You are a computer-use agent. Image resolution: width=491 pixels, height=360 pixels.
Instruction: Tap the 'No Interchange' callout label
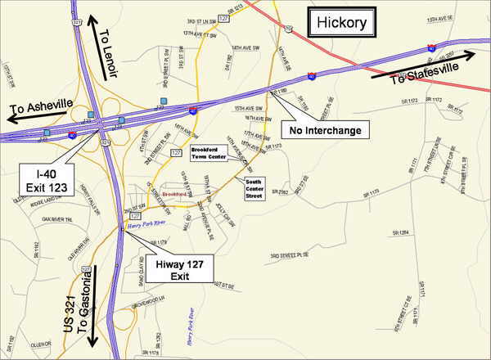(320, 128)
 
